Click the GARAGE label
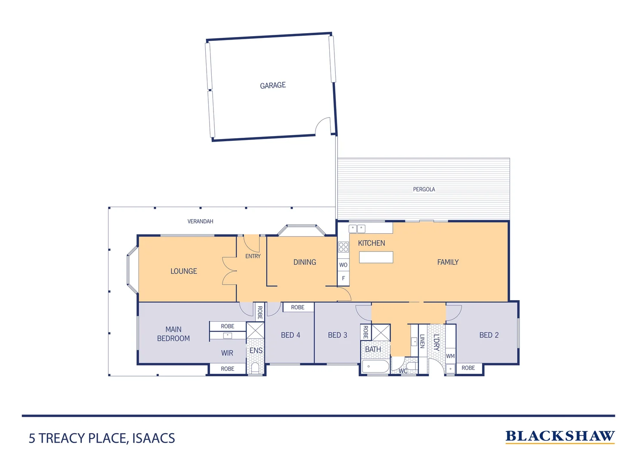coord(273,85)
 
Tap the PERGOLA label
coord(424,189)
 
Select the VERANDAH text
coord(200,221)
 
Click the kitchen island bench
coord(376,257)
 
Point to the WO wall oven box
coord(343,265)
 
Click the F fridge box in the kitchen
coord(343,278)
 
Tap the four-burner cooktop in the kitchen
coord(343,247)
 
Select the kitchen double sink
coord(357,229)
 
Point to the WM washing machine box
coord(450,356)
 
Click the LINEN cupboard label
coord(422,341)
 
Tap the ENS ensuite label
coord(256,350)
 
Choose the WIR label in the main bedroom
coord(227,353)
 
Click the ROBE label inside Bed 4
coord(297,307)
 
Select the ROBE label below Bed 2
coord(468,368)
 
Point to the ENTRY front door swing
coord(252,244)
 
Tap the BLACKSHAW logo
coord(560,437)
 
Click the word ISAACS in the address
coord(153,438)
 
